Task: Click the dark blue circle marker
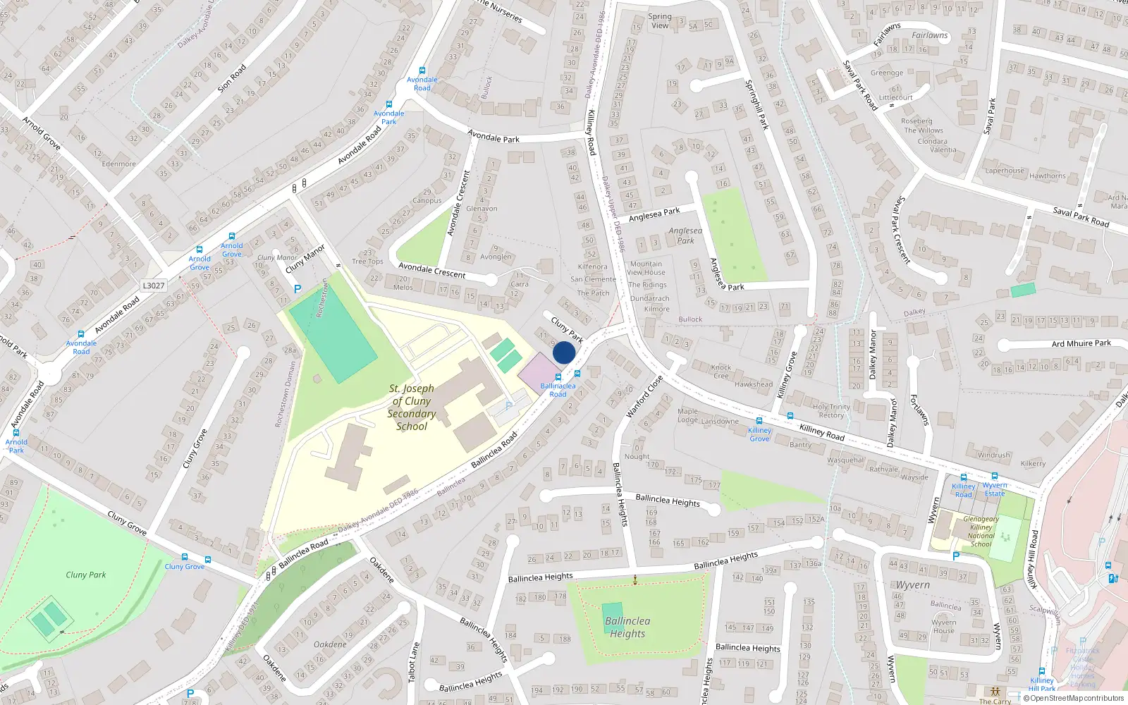pyautogui.click(x=564, y=352)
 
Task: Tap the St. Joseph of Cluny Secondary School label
pyautogui.click(x=412, y=407)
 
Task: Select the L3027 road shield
pyautogui.click(x=154, y=286)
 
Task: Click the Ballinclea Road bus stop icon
pyautogui.click(x=558, y=378)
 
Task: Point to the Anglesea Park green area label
pyautogui.click(x=685, y=235)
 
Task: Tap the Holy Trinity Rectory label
pyautogui.click(x=831, y=411)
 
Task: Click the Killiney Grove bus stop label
pyautogui.click(x=759, y=434)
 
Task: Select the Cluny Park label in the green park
pyautogui.click(x=86, y=575)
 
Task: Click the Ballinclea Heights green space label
pyautogui.click(x=627, y=627)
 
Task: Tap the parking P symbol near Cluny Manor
pyautogui.click(x=298, y=289)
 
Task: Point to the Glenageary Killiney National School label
pyautogui.click(x=981, y=532)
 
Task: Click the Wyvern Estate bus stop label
pyautogui.click(x=995, y=489)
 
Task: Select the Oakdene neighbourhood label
pyautogui.click(x=330, y=644)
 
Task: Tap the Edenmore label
pyautogui.click(x=118, y=164)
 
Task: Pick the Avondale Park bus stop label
pyautogui.click(x=388, y=117)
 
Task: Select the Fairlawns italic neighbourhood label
pyautogui.click(x=930, y=35)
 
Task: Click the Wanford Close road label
pyautogui.click(x=644, y=397)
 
